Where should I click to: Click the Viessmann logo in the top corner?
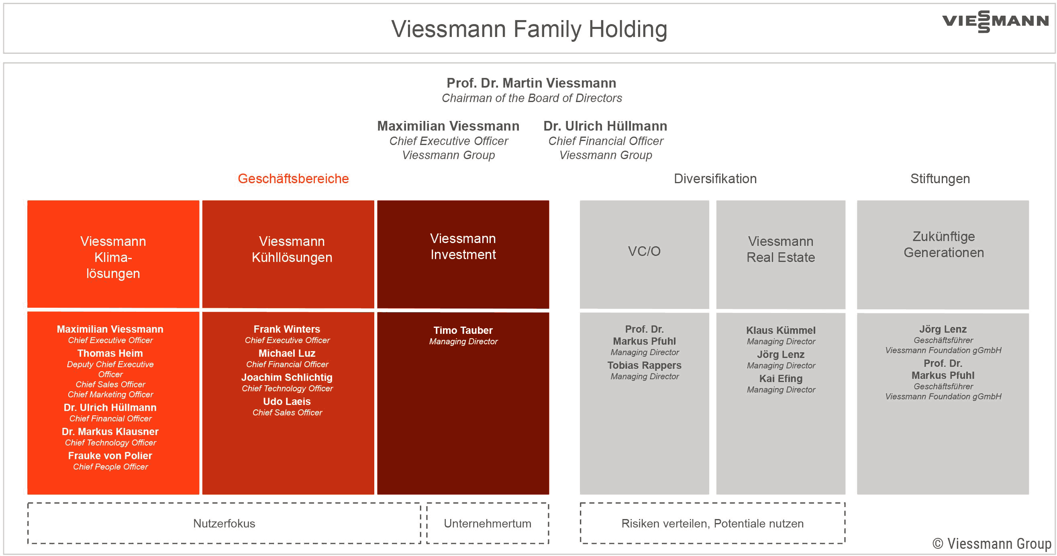995,21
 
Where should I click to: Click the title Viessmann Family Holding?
529,29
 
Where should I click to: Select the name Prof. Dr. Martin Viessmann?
531,83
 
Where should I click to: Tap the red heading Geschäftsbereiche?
294,179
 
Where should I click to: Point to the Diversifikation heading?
715,178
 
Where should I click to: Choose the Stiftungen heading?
940,179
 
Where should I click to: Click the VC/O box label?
644,251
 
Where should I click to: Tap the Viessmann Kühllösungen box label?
292,249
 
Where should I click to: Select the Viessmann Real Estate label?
781,249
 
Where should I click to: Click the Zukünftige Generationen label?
944,244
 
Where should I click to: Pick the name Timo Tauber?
463,330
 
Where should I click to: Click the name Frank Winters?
287,329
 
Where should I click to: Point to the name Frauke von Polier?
110,456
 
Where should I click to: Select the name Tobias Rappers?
644,365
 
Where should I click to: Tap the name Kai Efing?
781,378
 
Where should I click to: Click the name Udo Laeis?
287,401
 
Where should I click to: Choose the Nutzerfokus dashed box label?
224,523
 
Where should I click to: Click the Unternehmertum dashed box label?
488,523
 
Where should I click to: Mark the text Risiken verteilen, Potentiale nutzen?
712,523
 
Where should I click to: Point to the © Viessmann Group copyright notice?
992,544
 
